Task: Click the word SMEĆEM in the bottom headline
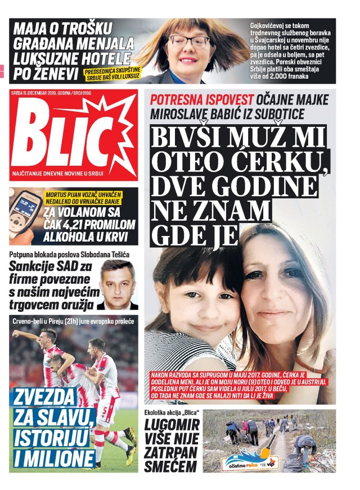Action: click(x=170, y=466)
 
